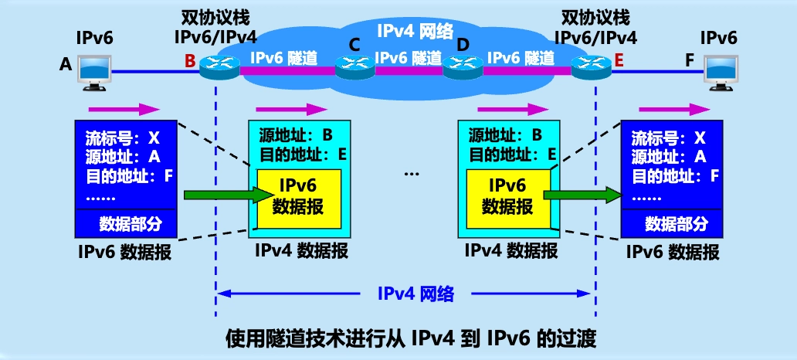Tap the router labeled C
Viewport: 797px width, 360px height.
tap(351, 69)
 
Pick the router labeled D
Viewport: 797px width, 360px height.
tap(462, 69)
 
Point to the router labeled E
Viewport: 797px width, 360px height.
tap(588, 69)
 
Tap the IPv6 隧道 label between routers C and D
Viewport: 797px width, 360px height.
tap(409, 57)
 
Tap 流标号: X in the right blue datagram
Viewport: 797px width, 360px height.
tap(668, 139)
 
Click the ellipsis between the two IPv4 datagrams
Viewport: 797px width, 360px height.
tap(411, 174)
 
